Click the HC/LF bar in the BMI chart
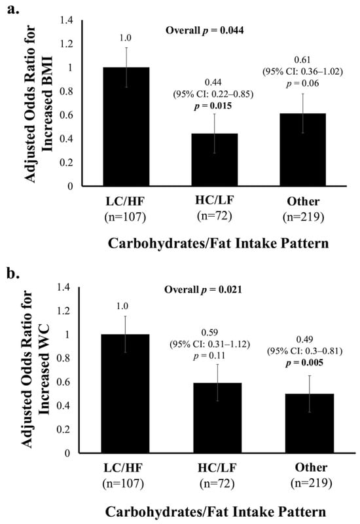(x=215, y=160)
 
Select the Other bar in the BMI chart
(x=302, y=150)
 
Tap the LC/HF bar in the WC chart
(x=125, y=394)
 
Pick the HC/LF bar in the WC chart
(x=217, y=418)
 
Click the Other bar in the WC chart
(x=310, y=423)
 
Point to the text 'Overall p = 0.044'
(x=205, y=31)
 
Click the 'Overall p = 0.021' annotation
(x=203, y=290)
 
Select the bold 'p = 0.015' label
(x=213, y=106)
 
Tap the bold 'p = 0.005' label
(x=304, y=363)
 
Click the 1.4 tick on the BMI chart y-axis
(x=66, y=20)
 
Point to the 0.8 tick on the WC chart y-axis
(x=63, y=358)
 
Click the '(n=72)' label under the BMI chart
(x=215, y=216)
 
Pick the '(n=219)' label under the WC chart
(x=311, y=483)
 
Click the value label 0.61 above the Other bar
(x=302, y=60)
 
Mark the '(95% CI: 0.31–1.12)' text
(x=209, y=345)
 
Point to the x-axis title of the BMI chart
(x=218, y=243)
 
